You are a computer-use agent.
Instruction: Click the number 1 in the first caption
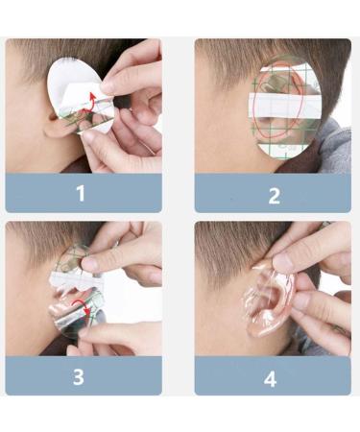81,193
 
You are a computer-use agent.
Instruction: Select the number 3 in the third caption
81,376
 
